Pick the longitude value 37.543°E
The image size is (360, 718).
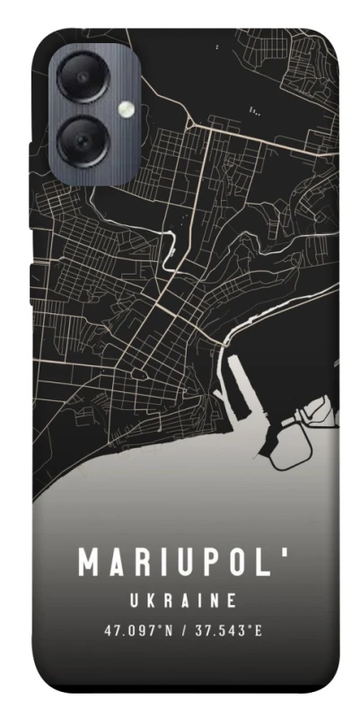click(228, 630)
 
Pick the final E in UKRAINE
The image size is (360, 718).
click(231, 599)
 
